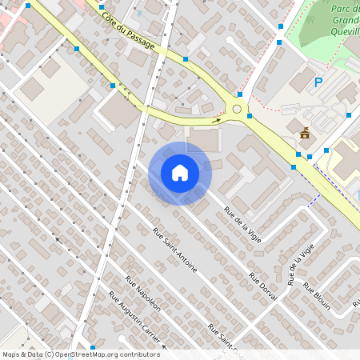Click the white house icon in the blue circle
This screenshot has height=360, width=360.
[179, 173]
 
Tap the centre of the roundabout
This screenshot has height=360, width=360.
[237, 109]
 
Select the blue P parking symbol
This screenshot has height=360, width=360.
[318, 82]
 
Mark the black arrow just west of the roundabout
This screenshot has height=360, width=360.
[215, 121]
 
